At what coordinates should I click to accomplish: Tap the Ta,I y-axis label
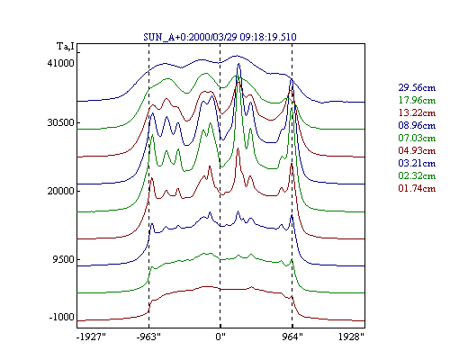point(66,47)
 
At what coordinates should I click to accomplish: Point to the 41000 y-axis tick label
point(60,63)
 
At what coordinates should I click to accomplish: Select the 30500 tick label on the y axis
point(60,122)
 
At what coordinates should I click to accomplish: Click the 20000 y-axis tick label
point(60,191)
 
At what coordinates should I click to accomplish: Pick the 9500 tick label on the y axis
point(63,259)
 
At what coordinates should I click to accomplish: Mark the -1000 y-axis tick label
point(61,317)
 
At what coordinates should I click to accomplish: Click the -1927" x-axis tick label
point(91,337)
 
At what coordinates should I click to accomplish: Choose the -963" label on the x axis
point(148,337)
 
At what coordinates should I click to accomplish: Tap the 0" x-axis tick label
point(220,337)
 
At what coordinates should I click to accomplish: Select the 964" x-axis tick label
point(292,337)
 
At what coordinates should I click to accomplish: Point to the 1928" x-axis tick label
point(351,337)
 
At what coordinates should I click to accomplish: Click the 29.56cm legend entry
point(417,87)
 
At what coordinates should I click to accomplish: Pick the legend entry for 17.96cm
point(417,100)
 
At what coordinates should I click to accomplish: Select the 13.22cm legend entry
point(417,112)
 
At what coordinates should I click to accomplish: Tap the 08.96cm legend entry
point(417,125)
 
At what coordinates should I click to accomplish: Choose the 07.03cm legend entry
point(417,138)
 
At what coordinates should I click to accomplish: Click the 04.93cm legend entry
point(417,150)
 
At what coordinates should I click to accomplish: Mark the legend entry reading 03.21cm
point(417,163)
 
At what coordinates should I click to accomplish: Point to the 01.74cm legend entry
point(417,188)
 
